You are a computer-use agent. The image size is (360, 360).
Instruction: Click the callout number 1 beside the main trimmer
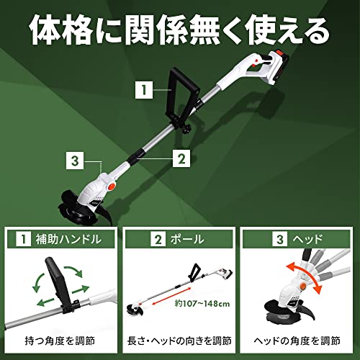[144, 91]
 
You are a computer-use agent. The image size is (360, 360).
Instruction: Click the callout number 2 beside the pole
[181, 154]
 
